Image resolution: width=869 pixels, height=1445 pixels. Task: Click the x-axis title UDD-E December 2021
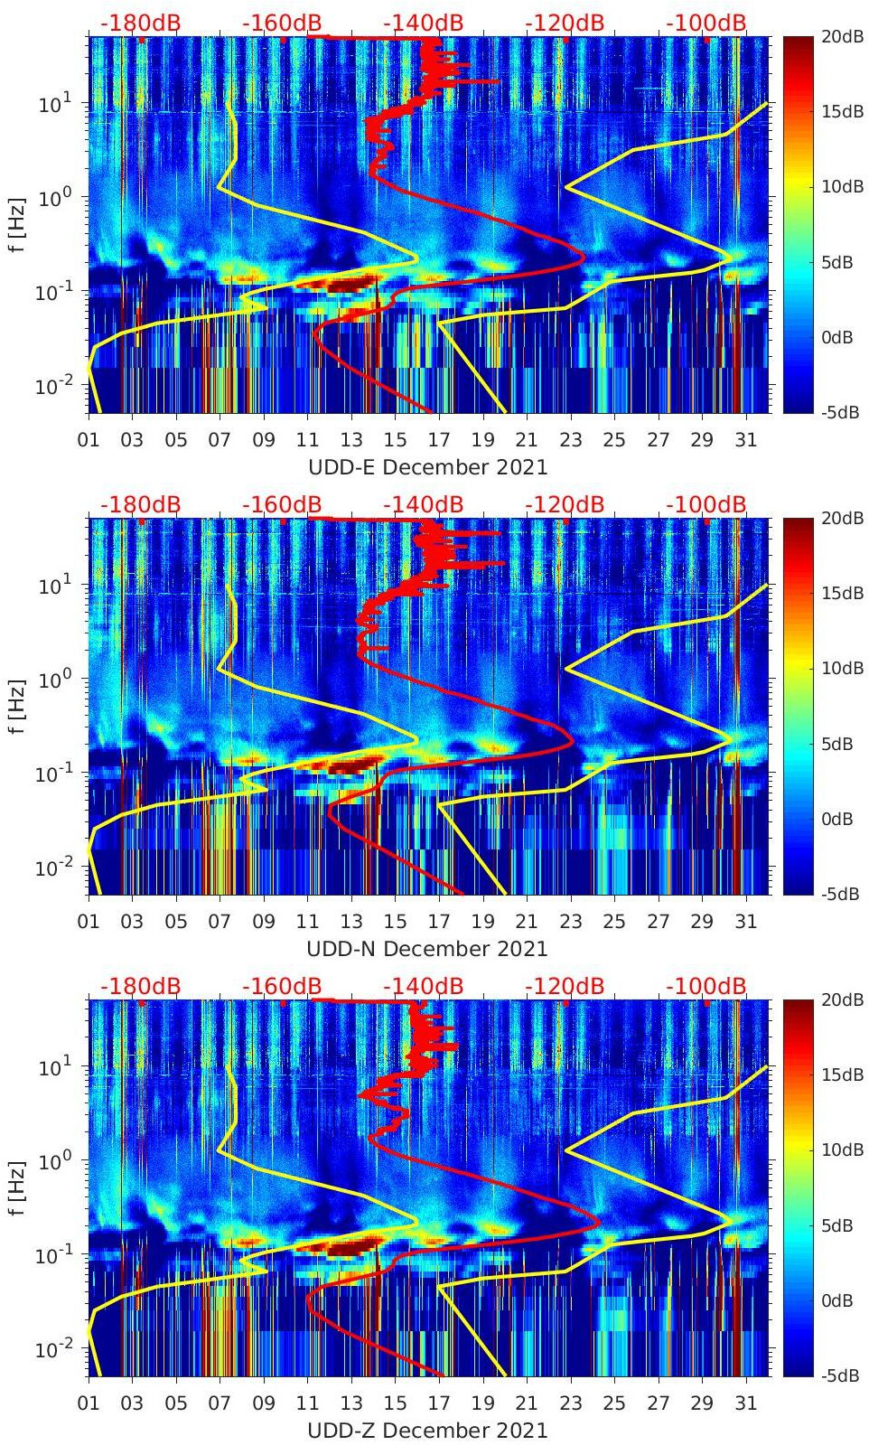(427, 467)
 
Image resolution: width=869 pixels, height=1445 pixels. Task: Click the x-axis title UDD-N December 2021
(427, 949)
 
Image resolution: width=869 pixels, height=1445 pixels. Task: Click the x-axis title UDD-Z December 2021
(427, 1431)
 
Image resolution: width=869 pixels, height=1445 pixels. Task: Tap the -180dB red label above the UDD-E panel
(140, 23)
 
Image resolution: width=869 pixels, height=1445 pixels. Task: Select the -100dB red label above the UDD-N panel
(705, 504)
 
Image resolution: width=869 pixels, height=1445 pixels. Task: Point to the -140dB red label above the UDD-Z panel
(423, 986)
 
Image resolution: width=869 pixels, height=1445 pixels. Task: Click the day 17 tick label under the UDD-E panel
(439, 441)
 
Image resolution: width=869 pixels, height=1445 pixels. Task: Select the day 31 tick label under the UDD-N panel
(745, 923)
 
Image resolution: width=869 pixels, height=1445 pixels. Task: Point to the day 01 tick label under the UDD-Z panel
(89, 1404)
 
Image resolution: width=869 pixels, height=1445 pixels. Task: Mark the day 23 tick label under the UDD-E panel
(570, 441)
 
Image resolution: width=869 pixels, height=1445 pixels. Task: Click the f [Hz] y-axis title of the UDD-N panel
(18, 706)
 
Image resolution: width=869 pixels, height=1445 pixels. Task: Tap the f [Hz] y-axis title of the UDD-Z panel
(18, 1187)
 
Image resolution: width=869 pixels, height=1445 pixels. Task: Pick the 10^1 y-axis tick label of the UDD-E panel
(51, 104)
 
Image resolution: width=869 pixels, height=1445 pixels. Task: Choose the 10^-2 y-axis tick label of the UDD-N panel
(51, 868)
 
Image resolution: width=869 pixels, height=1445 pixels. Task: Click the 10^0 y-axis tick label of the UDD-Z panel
(51, 1160)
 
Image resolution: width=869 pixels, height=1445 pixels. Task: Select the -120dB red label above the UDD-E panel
(565, 23)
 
